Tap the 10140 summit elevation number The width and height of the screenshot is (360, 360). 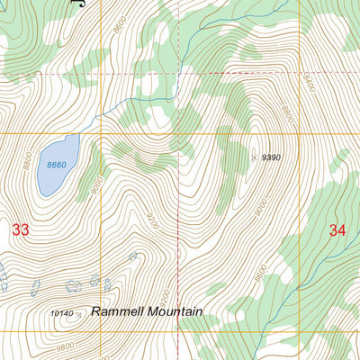61,313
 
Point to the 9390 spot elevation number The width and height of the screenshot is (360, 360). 271,157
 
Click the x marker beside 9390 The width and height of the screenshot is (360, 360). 254,157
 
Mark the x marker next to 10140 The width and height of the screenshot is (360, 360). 79,314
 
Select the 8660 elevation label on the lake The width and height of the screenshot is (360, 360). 57,165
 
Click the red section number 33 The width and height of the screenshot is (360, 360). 21,230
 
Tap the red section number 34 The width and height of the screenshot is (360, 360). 337,230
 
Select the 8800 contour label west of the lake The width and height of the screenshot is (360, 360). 27,165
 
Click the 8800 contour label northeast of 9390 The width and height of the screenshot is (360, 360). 288,115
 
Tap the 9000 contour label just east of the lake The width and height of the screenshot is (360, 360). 96,181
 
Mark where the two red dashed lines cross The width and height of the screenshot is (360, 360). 177,73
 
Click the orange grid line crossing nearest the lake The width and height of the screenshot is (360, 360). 101,133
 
